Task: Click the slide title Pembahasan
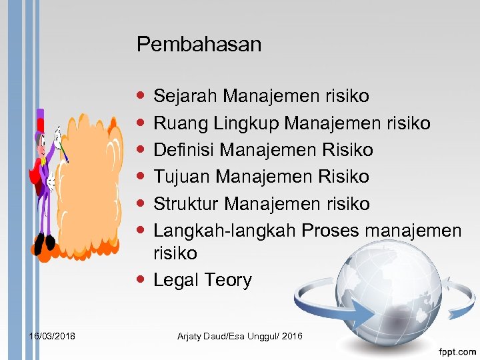[199, 45]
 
